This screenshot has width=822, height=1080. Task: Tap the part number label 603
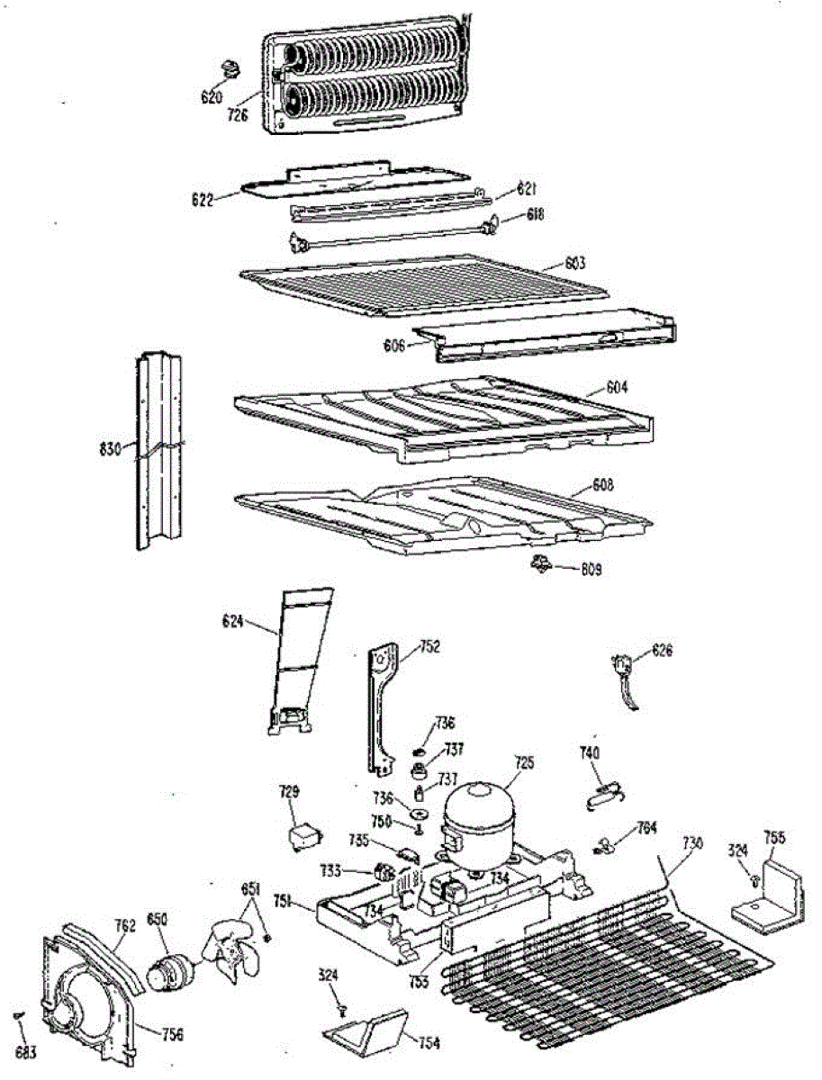575,264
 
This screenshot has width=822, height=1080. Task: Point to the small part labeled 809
541,564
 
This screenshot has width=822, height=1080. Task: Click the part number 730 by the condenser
691,842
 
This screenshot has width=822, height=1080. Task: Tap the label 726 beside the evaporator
238,114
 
